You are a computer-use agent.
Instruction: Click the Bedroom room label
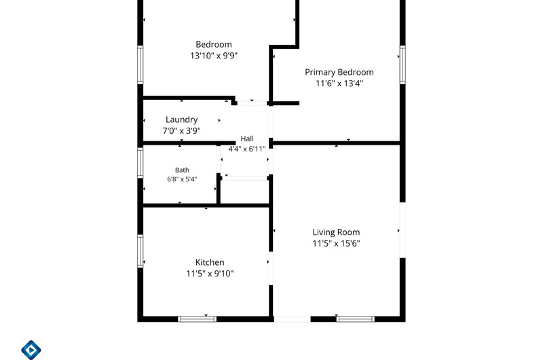[x=214, y=44]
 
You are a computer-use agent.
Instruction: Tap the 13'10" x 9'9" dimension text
[x=214, y=56]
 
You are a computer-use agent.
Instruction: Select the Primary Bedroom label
[x=339, y=72]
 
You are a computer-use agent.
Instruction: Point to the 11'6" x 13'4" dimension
[x=339, y=83]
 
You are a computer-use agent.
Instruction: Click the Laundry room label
[x=181, y=120]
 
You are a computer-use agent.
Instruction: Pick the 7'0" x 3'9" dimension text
[x=181, y=130]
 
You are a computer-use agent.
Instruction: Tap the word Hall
[x=247, y=139]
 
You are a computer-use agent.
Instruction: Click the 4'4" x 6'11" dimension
[x=247, y=149]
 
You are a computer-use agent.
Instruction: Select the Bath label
[x=182, y=170]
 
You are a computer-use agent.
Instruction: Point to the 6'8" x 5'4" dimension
[x=182, y=179]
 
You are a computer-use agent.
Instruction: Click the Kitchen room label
[x=210, y=262]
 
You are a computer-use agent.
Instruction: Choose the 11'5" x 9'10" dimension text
[x=210, y=273]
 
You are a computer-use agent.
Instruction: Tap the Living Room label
[x=336, y=232]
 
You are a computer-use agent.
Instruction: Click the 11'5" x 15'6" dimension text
[x=336, y=243]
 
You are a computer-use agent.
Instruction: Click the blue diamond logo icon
[x=31, y=350]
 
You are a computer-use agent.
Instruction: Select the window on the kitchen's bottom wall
[x=198, y=319]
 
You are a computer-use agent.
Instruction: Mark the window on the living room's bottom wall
[x=356, y=319]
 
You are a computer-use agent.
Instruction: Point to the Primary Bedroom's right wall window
[x=402, y=65]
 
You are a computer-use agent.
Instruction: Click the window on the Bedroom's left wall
[x=141, y=65]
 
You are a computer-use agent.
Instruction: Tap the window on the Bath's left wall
[x=141, y=163]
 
